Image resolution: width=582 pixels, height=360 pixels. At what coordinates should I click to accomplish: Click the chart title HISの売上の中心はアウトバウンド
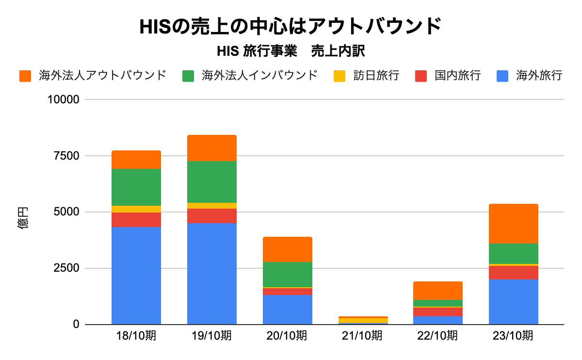pyautogui.click(x=291, y=26)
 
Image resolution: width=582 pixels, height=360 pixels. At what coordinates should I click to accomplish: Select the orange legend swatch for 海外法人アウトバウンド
pyautogui.click(x=25, y=76)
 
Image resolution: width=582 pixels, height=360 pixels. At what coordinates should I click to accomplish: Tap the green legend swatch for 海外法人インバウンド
pyautogui.click(x=188, y=76)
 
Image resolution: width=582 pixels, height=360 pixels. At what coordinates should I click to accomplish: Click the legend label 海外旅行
pyautogui.click(x=539, y=76)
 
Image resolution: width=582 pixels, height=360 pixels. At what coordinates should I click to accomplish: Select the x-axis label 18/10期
pyautogui.click(x=136, y=336)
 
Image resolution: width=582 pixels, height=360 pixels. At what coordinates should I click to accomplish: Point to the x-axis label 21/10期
pyautogui.click(x=362, y=336)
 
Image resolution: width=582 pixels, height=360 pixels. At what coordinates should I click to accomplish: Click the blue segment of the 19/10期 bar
pyautogui.click(x=212, y=274)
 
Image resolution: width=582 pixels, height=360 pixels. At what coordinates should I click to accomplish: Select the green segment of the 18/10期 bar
pyautogui.click(x=136, y=187)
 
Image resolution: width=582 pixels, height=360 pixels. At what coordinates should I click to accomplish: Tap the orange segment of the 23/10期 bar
pyautogui.click(x=514, y=224)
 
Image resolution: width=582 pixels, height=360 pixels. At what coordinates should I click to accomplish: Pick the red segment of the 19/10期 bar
pyautogui.click(x=212, y=216)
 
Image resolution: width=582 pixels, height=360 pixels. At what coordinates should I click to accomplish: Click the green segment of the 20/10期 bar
pyautogui.click(x=288, y=275)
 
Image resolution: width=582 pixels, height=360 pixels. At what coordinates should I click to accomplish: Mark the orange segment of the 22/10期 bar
pyautogui.click(x=438, y=291)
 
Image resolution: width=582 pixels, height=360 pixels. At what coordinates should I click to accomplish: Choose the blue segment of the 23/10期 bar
pyautogui.click(x=514, y=302)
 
